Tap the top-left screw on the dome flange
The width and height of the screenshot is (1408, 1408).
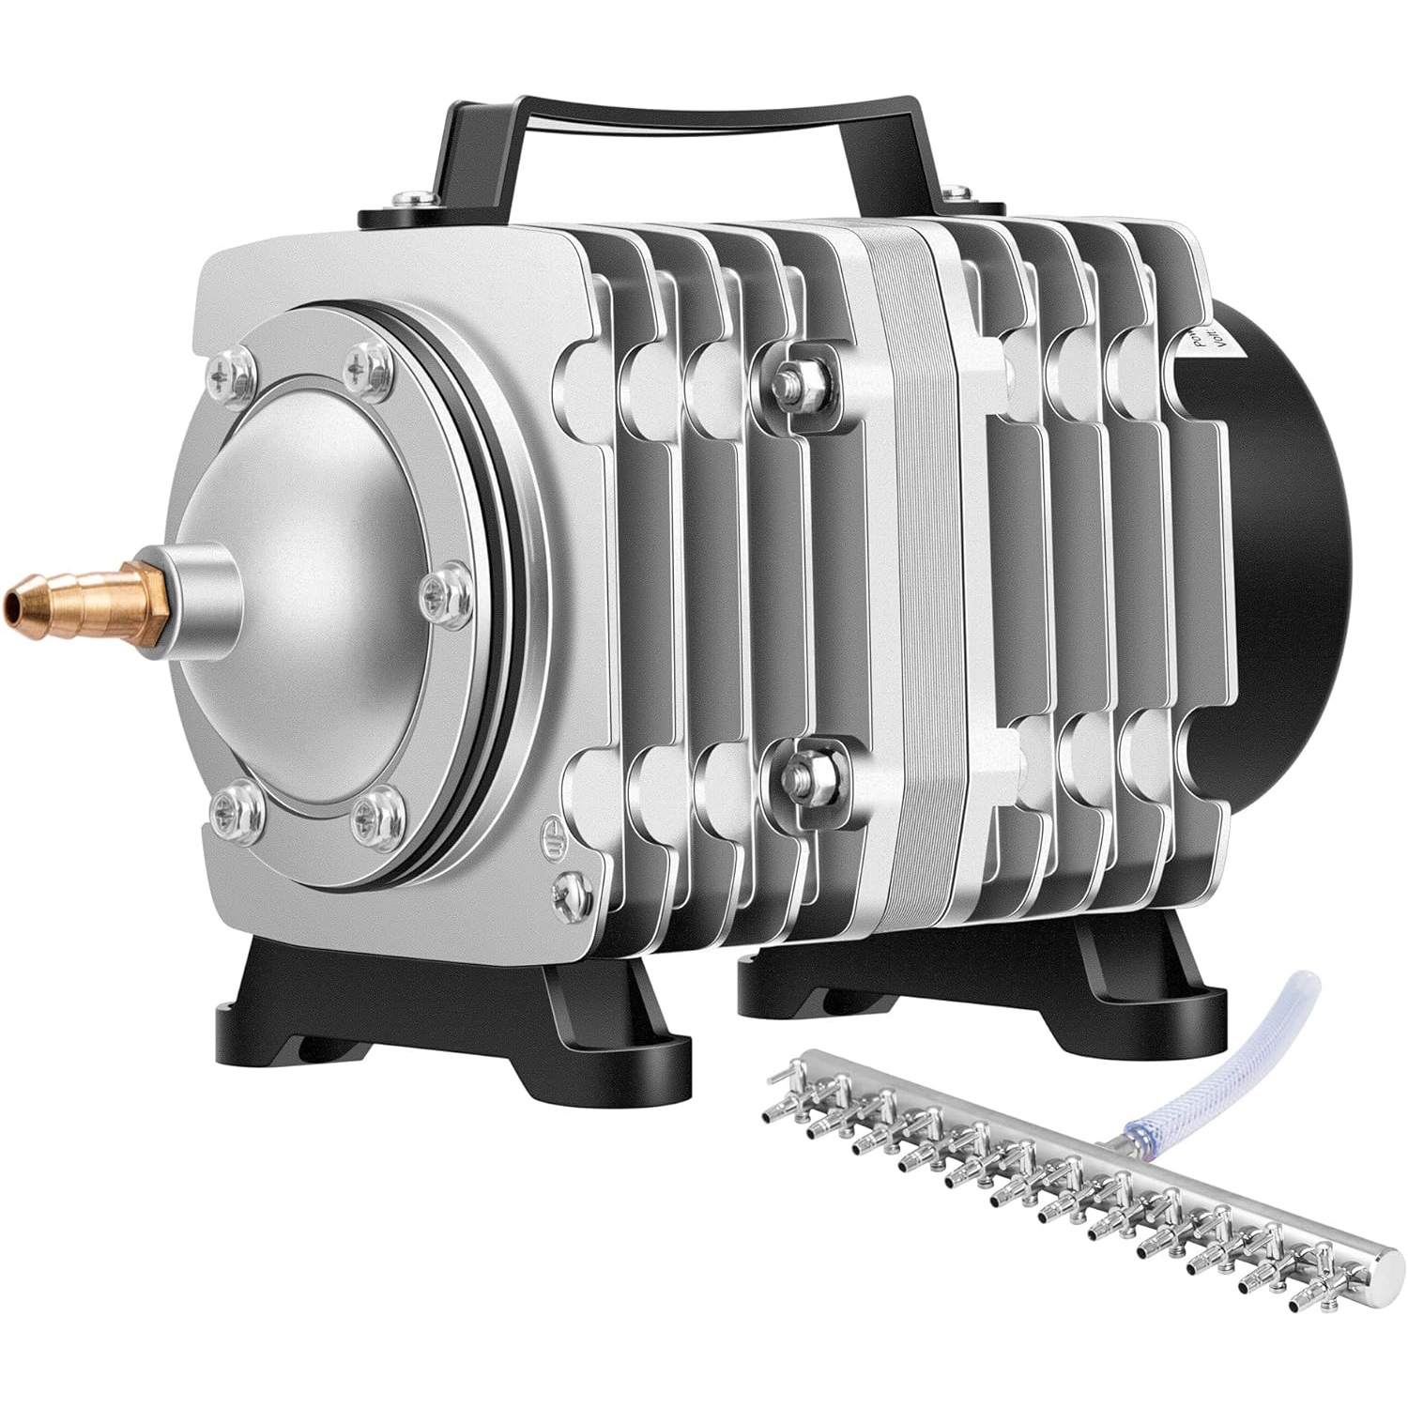(231, 375)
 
